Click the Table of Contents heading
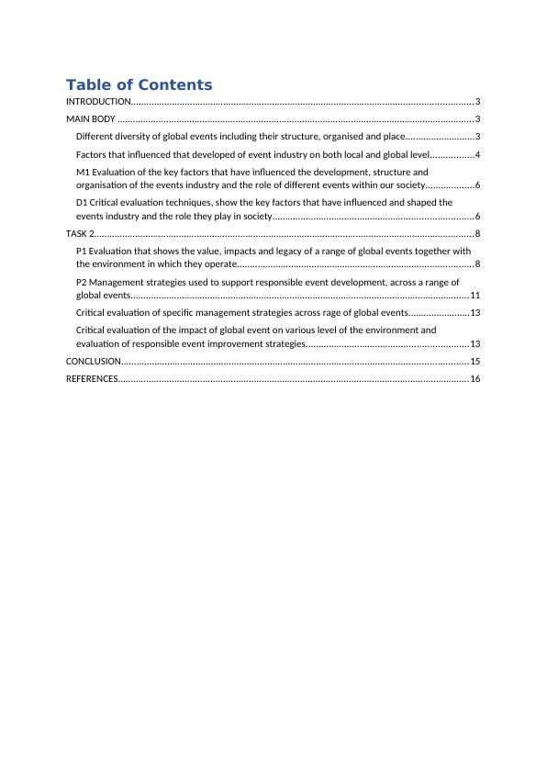pos(139,85)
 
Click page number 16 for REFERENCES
pos(474,379)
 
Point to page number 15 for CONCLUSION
pos(474,362)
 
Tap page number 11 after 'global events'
pos(474,296)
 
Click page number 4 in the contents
pos(478,154)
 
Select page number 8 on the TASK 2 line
pos(478,234)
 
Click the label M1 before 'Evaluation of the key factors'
pos(84,172)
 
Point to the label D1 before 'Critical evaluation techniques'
pos(83,202)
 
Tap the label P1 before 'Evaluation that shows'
pos(82,251)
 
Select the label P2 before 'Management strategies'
pos(82,283)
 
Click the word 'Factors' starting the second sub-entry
pos(92,154)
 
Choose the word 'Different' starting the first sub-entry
pos(96,137)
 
